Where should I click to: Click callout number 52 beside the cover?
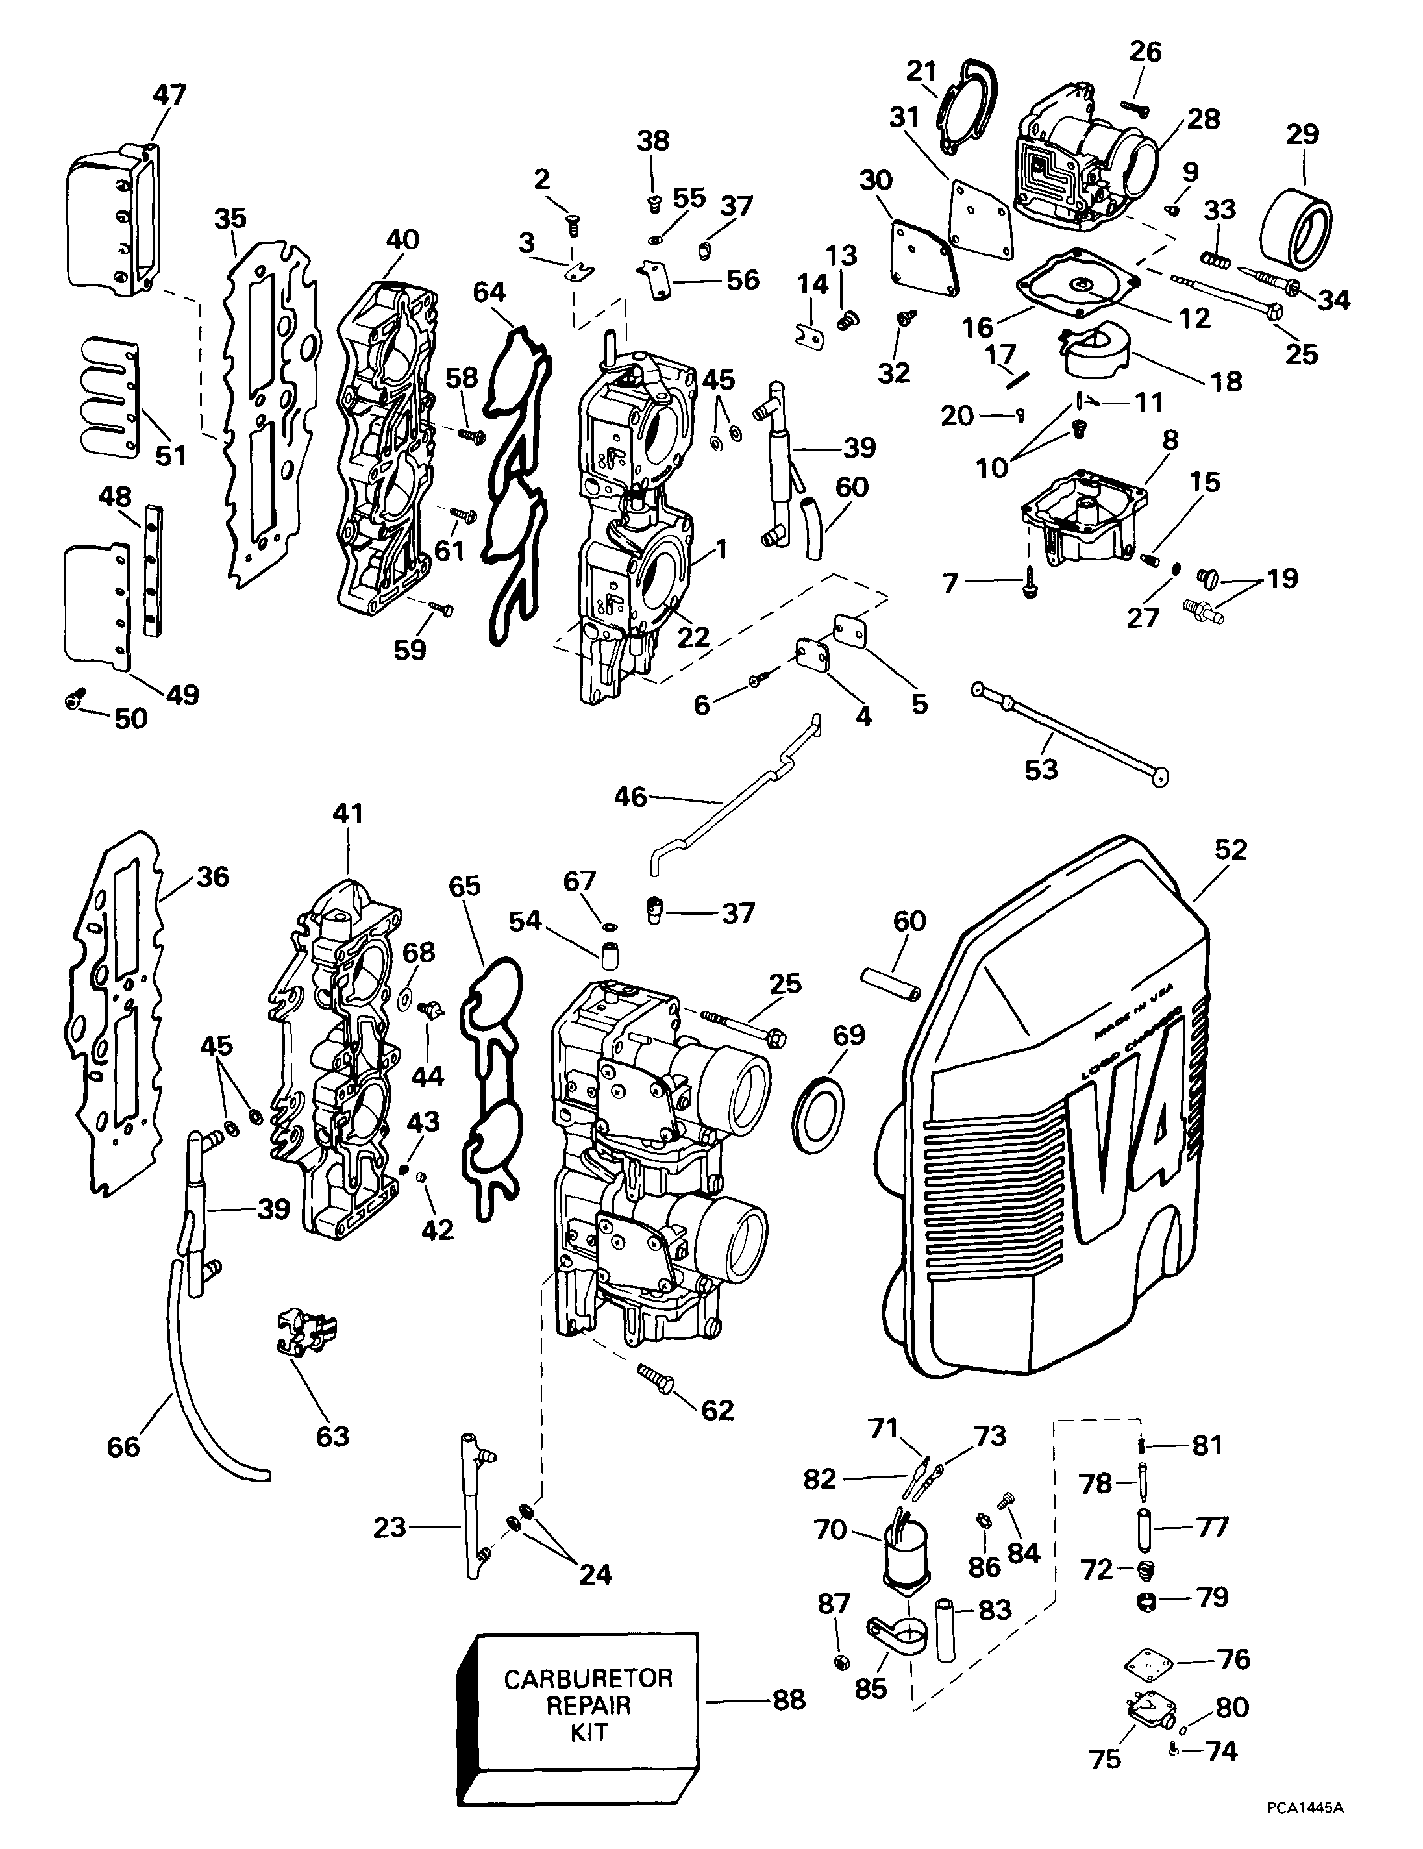coord(1230,850)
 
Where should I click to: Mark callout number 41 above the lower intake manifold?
coord(348,813)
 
